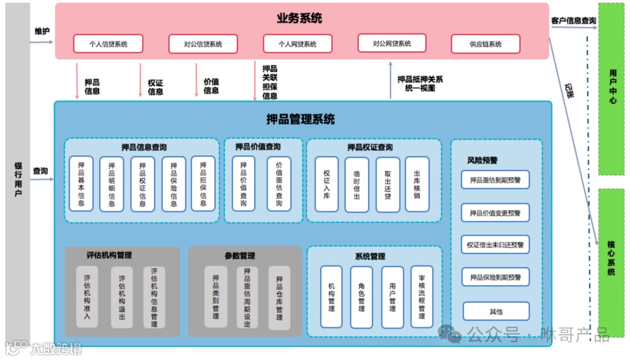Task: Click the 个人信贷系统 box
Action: click(x=108, y=44)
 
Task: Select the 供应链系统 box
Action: click(x=485, y=44)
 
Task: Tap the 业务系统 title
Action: click(x=299, y=18)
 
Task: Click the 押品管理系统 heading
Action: click(x=300, y=120)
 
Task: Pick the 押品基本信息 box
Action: click(x=81, y=184)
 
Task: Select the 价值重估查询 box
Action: click(x=279, y=184)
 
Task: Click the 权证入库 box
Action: click(x=327, y=184)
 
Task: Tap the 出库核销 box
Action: click(x=417, y=184)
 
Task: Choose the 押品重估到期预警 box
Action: click(x=495, y=180)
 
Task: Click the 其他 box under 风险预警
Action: click(x=496, y=312)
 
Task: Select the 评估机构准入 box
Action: click(x=87, y=297)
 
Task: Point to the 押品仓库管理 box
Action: click(x=279, y=297)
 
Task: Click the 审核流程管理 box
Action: click(x=422, y=297)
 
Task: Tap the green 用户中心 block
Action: click(x=611, y=88)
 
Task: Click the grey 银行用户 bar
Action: click(x=18, y=175)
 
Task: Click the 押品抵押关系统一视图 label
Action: click(x=420, y=83)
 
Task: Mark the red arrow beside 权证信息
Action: click(x=140, y=80)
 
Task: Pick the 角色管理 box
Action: click(x=361, y=297)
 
